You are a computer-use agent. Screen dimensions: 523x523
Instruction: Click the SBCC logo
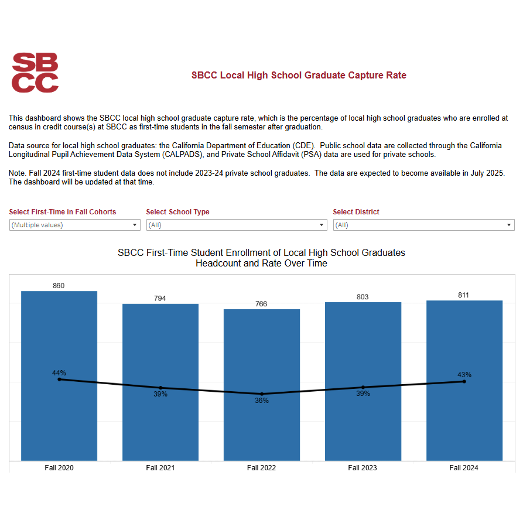[x=35, y=73]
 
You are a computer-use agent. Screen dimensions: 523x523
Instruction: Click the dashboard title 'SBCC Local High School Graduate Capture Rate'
[x=299, y=76]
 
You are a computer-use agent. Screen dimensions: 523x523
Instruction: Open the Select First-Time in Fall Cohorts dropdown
[x=75, y=225]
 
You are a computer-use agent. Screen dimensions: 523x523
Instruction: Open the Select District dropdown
[x=423, y=225]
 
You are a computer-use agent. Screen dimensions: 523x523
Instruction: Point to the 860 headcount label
[x=59, y=286]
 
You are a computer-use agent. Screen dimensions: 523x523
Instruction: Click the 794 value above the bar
[x=160, y=299]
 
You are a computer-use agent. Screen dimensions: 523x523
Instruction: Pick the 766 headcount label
[x=261, y=304]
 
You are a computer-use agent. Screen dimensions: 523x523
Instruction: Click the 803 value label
[x=363, y=297]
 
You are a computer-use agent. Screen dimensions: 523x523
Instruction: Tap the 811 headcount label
[x=464, y=295]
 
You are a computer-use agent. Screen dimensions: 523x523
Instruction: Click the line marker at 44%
[x=59, y=380]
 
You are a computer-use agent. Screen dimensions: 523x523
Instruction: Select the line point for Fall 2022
[x=262, y=394]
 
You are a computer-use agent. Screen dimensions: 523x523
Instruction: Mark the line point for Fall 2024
[x=464, y=381]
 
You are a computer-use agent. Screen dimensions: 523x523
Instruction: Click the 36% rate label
[x=261, y=401]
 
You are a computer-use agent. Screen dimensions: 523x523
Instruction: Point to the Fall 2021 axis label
[x=160, y=468]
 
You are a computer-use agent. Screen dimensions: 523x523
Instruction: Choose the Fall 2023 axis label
[x=363, y=468]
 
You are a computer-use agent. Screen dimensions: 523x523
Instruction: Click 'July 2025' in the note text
[x=486, y=173]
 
